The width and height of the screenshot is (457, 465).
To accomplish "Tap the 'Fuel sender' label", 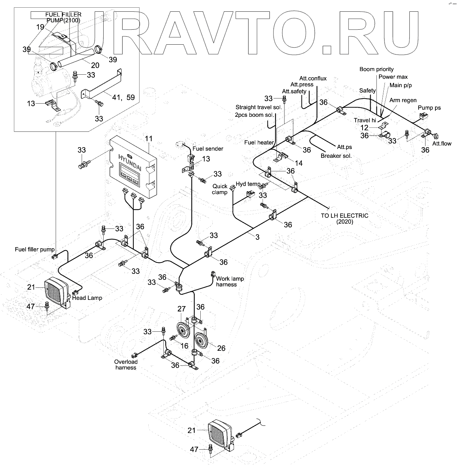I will click(208, 149).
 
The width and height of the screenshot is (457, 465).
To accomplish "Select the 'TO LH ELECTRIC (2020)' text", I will click(345, 219).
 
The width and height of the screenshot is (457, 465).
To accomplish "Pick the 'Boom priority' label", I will click(376, 69).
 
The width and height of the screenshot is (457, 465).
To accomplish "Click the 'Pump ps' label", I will click(429, 108).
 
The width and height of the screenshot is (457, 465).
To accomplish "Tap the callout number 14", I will click(299, 163).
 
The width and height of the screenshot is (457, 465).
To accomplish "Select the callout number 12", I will click(364, 127).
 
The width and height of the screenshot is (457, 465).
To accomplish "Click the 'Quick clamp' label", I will click(220, 189).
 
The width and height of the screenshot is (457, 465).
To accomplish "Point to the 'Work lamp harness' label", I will click(230, 282).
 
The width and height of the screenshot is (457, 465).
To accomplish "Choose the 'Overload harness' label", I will click(126, 365).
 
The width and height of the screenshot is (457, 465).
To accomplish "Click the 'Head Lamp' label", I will click(87, 298).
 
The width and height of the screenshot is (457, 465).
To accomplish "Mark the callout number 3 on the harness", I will click(257, 237).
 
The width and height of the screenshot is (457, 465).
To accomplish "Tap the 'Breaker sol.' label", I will click(336, 156).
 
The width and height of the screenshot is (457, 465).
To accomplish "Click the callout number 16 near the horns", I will click(184, 346).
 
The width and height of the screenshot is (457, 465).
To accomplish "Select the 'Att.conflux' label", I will click(313, 78).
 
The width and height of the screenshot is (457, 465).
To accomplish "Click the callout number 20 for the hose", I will click(95, 66).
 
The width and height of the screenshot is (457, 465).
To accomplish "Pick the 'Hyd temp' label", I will click(248, 184).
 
